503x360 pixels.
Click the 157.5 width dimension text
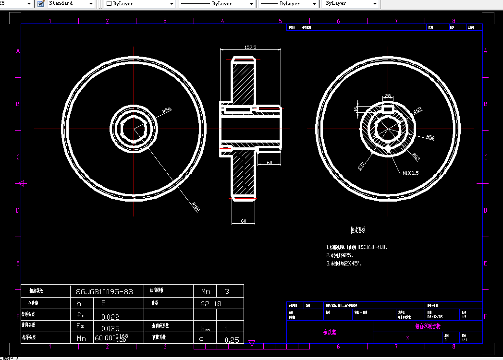250,47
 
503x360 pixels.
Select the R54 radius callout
167,110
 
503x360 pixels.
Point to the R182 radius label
196,206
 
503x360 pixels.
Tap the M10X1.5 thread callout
410,173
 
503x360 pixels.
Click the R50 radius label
430,138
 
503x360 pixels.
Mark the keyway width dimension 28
388,96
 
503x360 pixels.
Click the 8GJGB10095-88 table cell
104,291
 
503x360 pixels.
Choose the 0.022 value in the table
110,317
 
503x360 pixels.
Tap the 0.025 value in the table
110,328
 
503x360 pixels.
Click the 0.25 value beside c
232,340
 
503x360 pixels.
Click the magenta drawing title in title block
427,326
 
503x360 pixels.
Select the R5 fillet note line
343,255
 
